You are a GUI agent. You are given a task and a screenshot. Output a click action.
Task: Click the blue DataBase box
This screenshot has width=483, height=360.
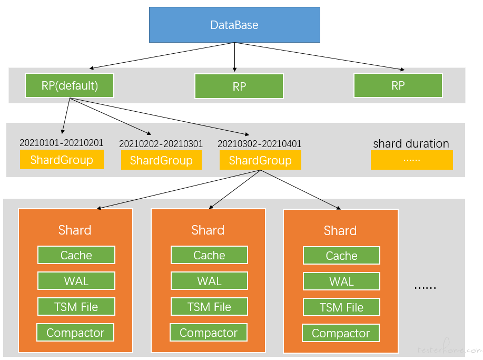234,25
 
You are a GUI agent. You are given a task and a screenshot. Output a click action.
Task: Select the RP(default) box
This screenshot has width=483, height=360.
70,85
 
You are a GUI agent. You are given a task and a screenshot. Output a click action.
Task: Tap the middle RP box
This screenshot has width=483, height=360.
239,86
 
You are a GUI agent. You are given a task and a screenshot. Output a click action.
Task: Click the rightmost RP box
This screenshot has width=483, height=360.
398,85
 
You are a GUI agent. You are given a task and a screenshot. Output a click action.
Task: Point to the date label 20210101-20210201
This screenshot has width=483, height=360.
61,142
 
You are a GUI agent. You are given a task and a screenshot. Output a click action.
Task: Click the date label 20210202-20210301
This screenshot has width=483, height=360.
161,143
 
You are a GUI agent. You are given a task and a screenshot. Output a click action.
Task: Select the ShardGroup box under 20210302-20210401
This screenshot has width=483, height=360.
260,160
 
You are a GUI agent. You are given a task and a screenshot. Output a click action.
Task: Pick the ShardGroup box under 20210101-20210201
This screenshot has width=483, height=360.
62,159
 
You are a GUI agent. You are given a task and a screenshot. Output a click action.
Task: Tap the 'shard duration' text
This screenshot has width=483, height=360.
411,143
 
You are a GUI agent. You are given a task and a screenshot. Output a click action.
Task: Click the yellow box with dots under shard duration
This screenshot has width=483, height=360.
412,160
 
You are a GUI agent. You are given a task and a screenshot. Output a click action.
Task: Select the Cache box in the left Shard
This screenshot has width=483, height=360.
76,255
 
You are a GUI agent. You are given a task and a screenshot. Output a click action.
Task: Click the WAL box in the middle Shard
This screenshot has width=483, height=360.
209,281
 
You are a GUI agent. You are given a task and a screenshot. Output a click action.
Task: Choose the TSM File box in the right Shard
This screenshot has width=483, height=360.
341,307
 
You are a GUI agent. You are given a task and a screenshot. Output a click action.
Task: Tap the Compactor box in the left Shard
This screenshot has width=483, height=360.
75,332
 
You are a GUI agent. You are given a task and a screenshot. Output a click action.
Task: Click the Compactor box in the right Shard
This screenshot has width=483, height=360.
341,333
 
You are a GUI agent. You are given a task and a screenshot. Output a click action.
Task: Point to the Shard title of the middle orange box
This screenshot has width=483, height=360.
208,230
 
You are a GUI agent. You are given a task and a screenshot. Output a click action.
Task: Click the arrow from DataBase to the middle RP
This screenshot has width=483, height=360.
235,57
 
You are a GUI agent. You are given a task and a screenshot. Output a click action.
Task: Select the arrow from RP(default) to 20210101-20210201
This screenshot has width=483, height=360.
66,115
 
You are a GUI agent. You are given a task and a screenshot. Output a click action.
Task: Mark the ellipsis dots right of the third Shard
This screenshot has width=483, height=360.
425,288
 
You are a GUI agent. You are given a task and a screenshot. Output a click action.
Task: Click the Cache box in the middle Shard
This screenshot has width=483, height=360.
209,255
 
